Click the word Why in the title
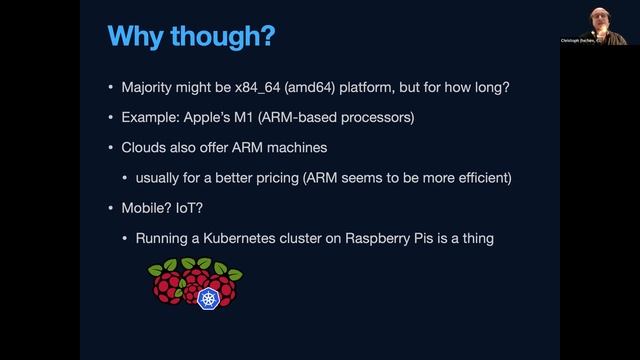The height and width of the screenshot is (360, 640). [137, 37]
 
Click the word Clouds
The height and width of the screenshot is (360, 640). [147, 148]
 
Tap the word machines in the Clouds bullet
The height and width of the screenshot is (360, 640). [300, 148]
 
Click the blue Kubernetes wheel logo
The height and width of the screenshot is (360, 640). [209, 300]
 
